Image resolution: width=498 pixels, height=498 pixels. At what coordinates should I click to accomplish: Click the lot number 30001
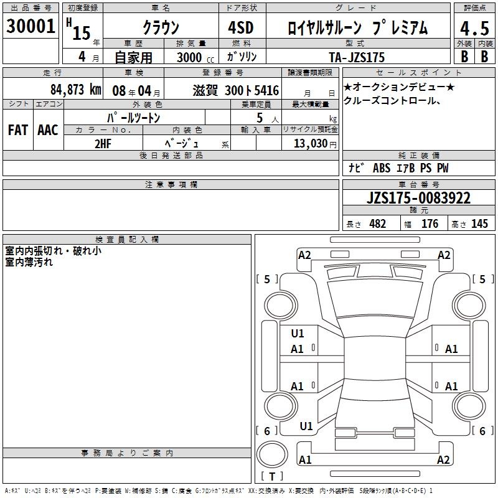point(31,26)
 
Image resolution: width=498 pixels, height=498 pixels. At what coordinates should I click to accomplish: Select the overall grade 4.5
point(474,28)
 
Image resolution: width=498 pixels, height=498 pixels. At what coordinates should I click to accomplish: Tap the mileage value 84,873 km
point(76,90)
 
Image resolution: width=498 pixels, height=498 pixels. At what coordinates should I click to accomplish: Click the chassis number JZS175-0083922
point(418,198)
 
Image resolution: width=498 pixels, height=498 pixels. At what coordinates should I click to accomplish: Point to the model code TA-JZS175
point(357,57)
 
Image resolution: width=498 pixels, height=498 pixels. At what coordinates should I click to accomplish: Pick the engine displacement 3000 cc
point(195,57)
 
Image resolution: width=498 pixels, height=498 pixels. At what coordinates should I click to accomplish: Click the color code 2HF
point(103,144)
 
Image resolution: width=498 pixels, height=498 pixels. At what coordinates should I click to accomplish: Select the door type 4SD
point(241,27)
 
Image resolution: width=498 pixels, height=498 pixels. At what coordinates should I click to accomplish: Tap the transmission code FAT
point(18,130)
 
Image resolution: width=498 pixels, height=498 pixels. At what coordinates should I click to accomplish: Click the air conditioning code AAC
point(48,130)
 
